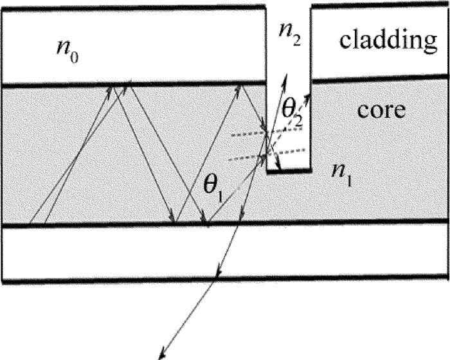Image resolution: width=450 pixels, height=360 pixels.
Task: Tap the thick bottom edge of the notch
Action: coord(289,172)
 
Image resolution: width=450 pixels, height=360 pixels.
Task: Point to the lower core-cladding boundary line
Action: coord(96,224)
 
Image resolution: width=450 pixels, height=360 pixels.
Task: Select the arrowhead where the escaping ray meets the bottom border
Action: coord(219,275)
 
